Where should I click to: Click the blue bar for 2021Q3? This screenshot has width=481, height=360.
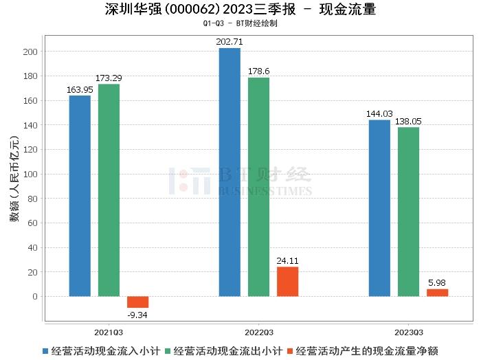(80, 196)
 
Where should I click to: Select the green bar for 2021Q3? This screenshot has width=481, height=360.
(109, 190)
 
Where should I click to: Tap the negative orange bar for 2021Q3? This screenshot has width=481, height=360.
(137, 302)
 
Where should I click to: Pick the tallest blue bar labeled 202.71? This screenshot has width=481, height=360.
(230, 172)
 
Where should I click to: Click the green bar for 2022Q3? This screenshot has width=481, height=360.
(258, 187)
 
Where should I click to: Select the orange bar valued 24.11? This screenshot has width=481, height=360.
(287, 282)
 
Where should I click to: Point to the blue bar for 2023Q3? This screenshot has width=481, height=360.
(379, 208)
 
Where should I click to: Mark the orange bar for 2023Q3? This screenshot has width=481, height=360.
(437, 293)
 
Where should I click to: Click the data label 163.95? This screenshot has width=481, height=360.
(80, 89)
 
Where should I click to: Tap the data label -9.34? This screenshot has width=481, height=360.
(137, 315)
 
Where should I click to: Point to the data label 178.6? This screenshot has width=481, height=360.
(258, 71)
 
